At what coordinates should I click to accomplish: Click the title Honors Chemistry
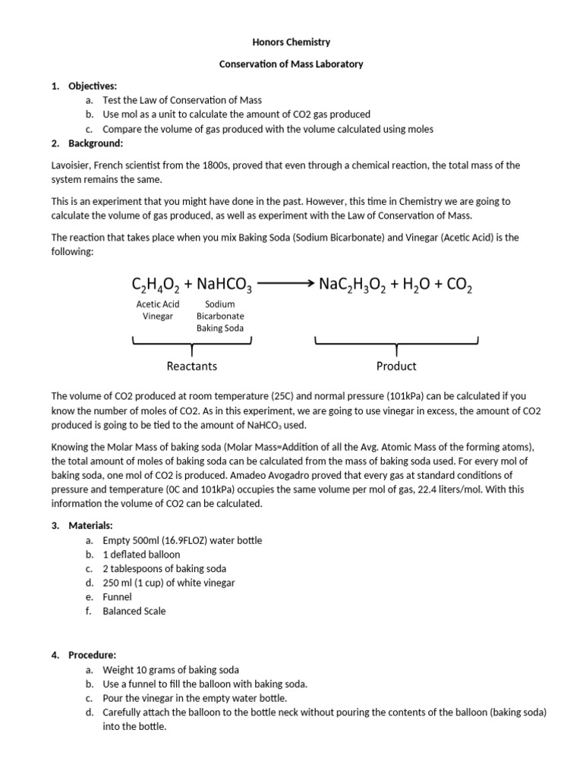tap(291, 42)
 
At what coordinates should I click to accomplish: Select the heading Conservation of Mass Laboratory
tap(291, 64)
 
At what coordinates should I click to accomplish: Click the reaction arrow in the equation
tap(285, 284)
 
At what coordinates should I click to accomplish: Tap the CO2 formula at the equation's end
tap(459, 285)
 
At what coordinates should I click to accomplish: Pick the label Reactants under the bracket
tap(191, 366)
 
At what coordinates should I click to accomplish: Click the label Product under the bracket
tap(396, 366)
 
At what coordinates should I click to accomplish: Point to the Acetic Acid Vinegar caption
tap(158, 310)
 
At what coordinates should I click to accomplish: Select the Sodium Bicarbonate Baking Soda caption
tap(220, 316)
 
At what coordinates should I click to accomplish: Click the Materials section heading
tap(90, 525)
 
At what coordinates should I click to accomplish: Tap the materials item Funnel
tap(117, 597)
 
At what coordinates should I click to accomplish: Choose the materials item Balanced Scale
tap(134, 611)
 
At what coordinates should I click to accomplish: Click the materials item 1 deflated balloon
tap(141, 554)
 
